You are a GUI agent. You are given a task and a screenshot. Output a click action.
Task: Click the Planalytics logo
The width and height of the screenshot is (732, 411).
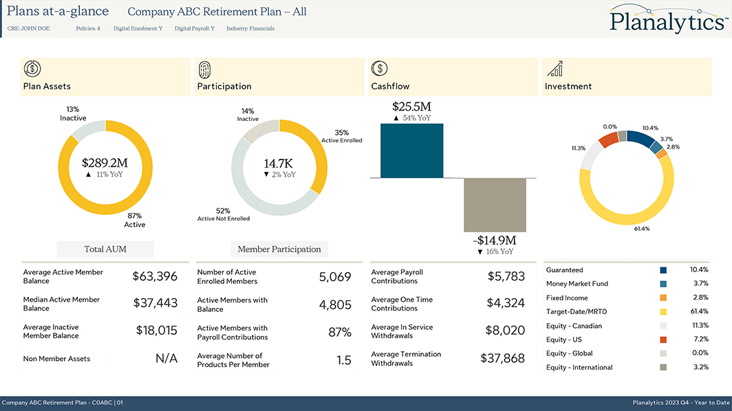pos(667,19)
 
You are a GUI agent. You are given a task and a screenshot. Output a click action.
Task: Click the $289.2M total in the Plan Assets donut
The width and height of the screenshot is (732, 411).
pos(105,163)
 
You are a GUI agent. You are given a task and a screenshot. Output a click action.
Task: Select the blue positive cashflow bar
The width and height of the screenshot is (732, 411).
pos(411,151)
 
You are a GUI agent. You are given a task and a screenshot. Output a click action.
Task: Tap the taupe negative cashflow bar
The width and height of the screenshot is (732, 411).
pos(495,205)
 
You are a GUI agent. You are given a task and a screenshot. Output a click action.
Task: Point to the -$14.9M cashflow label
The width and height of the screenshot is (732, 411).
pos(495,241)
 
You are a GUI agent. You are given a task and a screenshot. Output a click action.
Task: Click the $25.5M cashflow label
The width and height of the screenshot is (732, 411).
pos(411,107)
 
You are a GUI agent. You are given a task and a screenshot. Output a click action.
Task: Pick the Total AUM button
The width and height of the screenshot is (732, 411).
pos(105,249)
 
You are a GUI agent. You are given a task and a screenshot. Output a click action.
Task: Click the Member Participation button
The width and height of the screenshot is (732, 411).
pos(279,249)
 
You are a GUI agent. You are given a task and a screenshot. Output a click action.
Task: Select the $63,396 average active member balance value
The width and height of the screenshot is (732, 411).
pos(155,276)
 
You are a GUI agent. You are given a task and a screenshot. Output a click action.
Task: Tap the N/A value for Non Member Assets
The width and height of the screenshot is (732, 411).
pos(166,358)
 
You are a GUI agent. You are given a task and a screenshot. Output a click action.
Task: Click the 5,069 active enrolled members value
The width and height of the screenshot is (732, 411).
pos(335,277)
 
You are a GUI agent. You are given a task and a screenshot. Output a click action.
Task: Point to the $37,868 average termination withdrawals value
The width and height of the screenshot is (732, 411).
pos(502,358)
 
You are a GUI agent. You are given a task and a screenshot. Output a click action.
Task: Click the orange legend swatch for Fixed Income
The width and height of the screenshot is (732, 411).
pos(663,298)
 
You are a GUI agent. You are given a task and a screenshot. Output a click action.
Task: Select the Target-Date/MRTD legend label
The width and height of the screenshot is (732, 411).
pos(577,312)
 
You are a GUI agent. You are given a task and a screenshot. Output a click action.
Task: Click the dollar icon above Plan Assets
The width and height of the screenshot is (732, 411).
pos(32,68)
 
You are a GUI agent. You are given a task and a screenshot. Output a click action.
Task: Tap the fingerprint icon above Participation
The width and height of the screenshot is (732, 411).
pos(205,68)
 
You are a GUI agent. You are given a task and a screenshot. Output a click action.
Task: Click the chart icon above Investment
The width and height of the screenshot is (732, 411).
pos(555,68)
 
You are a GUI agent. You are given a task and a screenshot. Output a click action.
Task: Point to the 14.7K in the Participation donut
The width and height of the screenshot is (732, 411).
pos(279,164)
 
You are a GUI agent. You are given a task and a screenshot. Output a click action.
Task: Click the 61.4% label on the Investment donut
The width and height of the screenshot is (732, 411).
pos(642,229)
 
